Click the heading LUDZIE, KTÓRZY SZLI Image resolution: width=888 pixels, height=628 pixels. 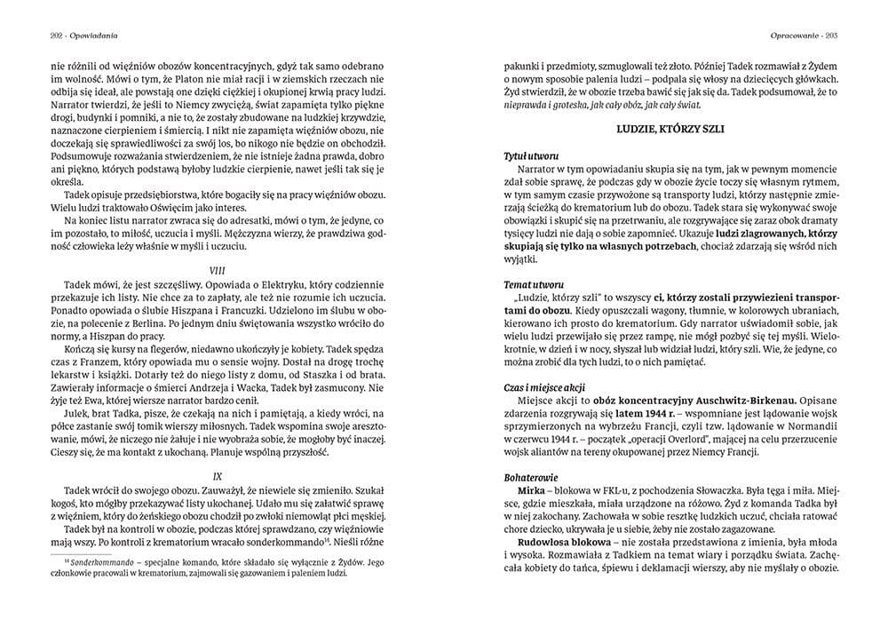pyautogui.click(x=670, y=130)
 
